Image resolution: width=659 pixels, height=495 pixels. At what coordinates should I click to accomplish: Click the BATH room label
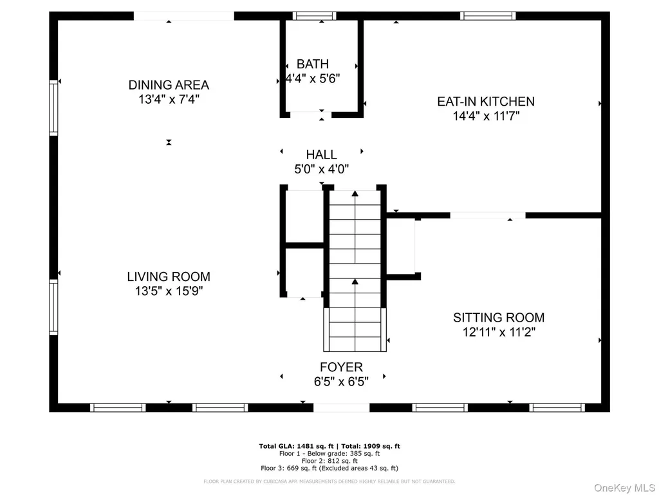click(313, 64)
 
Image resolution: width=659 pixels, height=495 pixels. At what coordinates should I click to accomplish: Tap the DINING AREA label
click(169, 85)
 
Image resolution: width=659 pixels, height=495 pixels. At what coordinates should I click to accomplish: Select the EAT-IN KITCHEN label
click(486, 101)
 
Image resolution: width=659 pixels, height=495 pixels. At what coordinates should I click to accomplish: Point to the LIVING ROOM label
click(169, 277)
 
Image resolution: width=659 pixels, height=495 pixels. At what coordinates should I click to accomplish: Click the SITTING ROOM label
click(499, 317)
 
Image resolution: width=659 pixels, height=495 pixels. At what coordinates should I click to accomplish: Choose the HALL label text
click(322, 155)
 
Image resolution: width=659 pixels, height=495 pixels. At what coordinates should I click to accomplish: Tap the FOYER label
click(341, 367)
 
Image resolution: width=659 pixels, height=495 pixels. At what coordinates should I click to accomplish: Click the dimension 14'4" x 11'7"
click(487, 116)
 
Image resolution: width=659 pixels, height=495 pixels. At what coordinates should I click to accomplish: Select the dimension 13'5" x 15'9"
click(169, 291)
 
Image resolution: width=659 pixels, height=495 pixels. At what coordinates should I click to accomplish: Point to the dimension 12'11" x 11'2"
click(499, 332)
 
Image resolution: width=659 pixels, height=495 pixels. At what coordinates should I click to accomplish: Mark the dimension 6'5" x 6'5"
click(341, 382)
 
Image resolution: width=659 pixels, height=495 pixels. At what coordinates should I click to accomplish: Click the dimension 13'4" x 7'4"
click(169, 99)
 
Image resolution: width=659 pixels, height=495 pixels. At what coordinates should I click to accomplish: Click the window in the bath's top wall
click(314, 16)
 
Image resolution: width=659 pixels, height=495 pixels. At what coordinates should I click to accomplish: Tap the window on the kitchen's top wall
click(488, 16)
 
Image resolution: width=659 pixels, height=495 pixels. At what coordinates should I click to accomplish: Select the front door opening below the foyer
click(342, 407)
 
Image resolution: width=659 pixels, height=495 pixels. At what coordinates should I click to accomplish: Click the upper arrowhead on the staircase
click(355, 193)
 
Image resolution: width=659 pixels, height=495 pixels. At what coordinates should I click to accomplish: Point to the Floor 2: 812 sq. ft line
click(329, 461)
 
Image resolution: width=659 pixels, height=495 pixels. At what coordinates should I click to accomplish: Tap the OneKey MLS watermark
click(624, 488)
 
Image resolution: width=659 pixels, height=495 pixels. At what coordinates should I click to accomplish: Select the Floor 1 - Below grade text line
click(329, 454)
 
